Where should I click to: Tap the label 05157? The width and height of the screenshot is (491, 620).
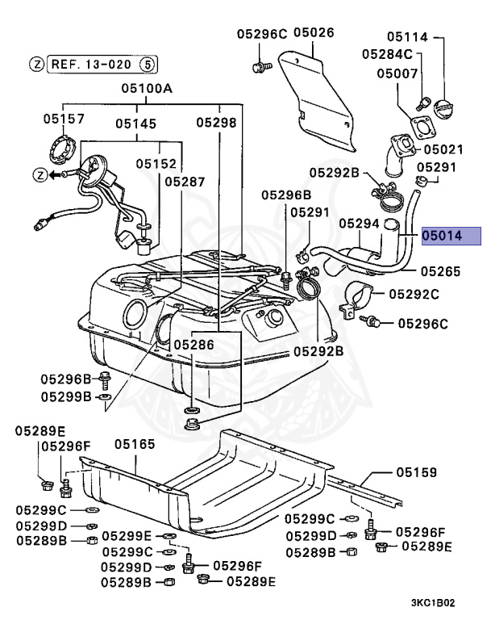coord(64,119)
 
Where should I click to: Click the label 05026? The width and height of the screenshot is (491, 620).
coord(313,33)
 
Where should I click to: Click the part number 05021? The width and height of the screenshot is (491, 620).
coord(444,149)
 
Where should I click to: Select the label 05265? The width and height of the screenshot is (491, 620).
coord(440,272)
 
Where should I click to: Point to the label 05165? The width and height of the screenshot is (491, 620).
coord(133,444)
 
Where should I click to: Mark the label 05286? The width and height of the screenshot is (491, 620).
coord(193,345)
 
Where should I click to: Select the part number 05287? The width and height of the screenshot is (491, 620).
coord(185,182)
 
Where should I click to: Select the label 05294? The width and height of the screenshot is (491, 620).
coord(359,222)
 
